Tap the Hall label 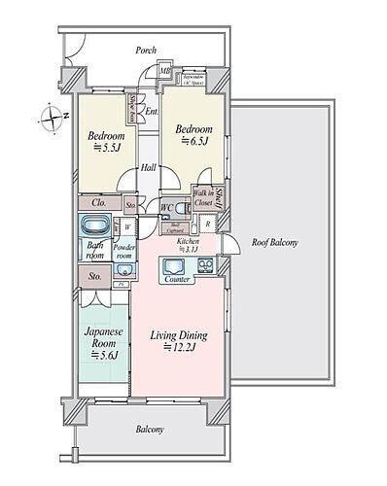coord(147,167)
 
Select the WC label coord(165,206)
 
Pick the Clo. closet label coord(100,205)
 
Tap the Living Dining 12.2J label coord(177,341)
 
